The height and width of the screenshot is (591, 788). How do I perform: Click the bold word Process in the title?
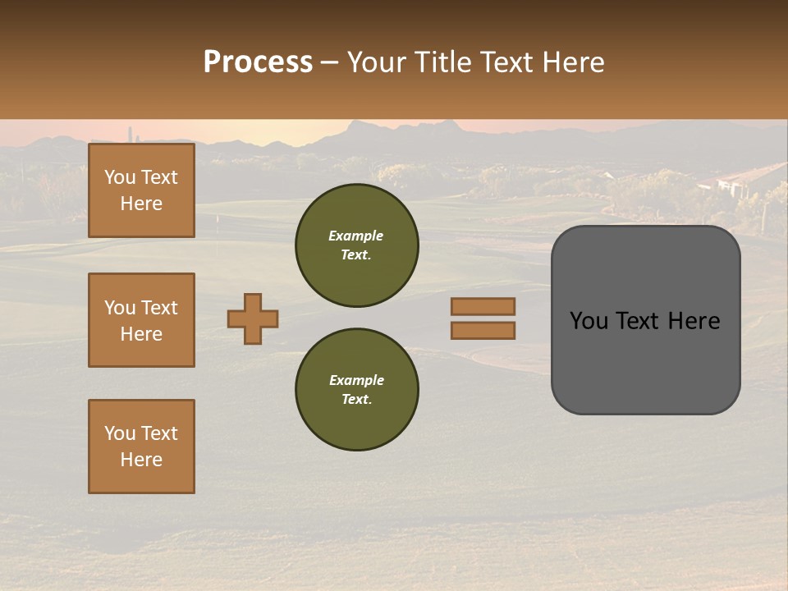(258, 62)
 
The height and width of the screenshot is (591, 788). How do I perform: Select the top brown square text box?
(141, 190)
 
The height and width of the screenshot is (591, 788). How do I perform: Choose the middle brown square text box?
(141, 320)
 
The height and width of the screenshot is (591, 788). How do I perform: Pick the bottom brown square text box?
(141, 447)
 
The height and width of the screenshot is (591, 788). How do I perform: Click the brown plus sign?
(253, 318)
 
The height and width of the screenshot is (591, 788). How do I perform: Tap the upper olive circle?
(357, 245)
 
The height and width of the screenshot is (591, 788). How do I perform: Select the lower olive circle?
(357, 390)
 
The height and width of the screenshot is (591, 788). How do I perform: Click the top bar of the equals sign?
(483, 306)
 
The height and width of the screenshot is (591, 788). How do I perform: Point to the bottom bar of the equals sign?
(483, 330)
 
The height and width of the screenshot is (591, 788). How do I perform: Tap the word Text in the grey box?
(644, 321)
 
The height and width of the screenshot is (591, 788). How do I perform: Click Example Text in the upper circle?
(356, 245)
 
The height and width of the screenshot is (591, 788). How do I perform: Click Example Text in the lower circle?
(356, 390)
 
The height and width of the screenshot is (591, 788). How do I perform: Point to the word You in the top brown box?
(120, 177)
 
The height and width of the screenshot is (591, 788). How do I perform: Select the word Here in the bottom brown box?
(141, 460)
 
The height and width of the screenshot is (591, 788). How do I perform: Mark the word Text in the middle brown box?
(159, 308)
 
